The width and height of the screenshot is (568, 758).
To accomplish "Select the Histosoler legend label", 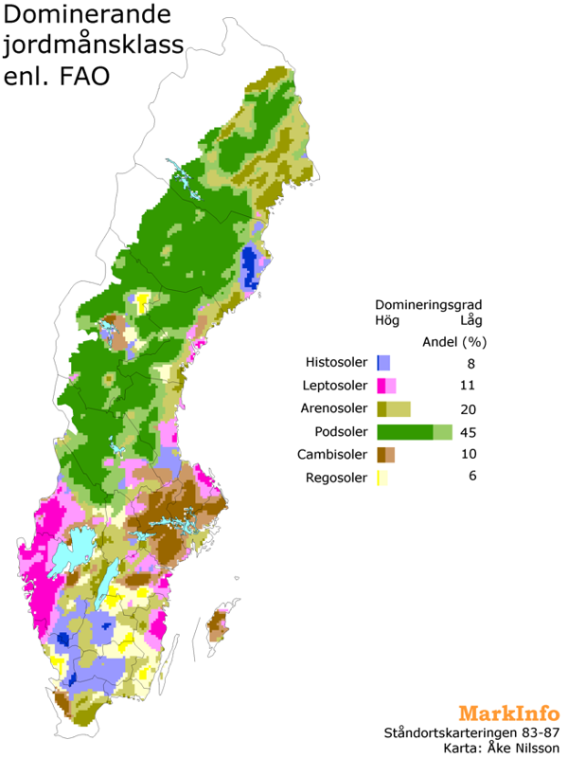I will click(x=337, y=363).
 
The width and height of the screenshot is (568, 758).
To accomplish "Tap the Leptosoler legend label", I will click(x=336, y=386).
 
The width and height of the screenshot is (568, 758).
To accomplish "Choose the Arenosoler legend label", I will click(x=335, y=408).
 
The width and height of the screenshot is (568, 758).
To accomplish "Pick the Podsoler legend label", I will click(x=340, y=432).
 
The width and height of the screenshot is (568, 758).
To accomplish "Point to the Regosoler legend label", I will click(x=336, y=477).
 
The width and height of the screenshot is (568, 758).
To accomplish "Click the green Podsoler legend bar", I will click(x=414, y=432).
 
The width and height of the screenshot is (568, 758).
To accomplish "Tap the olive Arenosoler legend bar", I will click(x=393, y=408).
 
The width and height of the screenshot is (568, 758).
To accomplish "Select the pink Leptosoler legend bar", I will click(x=386, y=386).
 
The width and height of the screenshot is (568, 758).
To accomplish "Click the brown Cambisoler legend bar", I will click(x=385, y=455).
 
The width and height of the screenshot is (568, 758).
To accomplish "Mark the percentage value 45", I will click(x=471, y=432).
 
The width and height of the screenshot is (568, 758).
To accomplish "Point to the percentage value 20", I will click(x=471, y=408).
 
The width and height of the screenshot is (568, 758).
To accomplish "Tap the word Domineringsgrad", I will click(x=429, y=305).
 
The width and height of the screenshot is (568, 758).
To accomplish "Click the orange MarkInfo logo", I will click(x=508, y=713).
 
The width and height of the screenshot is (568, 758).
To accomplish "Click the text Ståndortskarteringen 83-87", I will click(x=471, y=732).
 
